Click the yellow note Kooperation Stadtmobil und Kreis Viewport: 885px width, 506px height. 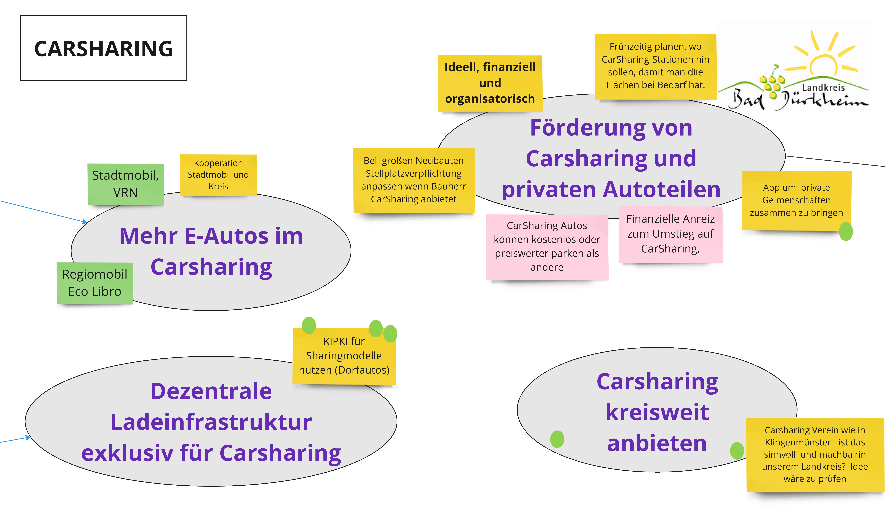coord(218,175)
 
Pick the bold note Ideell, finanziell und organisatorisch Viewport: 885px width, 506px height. coord(490,83)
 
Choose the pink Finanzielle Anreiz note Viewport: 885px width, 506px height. coord(670,234)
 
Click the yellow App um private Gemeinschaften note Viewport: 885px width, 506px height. coord(796,200)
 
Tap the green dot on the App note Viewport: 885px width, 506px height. coord(846,231)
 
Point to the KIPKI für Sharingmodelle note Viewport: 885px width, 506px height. coord(344,356)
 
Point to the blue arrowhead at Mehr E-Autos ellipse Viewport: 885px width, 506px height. coord(85,221)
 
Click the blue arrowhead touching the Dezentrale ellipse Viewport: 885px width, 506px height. coord(28,438)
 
